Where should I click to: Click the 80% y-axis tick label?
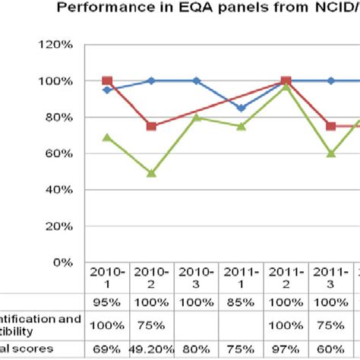(59, 118)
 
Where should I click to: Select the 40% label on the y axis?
(59, 190)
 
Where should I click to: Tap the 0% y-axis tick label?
(62, 262)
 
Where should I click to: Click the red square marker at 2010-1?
(107, 81)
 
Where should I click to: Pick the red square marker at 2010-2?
(151, 127)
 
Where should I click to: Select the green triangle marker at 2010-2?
(151, 173)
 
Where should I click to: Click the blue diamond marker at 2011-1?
(242, 108)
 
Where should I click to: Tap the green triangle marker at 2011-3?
(331, 153)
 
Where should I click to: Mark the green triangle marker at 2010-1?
(107, 137)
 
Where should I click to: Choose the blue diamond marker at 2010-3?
(197, 81)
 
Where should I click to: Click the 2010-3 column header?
(197, 278)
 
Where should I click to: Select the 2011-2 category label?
(286, 278)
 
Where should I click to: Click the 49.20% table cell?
(151, 349)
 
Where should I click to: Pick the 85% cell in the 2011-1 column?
(242, 302)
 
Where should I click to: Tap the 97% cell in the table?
(286, 349)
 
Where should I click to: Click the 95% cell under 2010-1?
(107, 302)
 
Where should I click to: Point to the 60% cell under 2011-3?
(331, 349)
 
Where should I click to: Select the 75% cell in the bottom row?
(242, 349)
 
